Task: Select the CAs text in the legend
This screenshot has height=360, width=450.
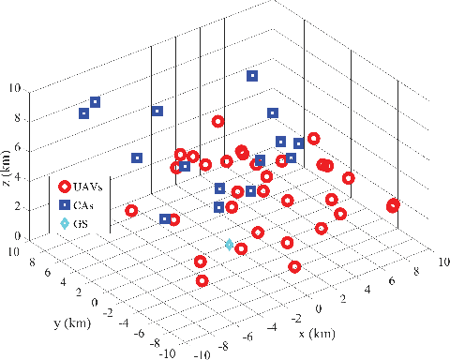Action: (89, 204)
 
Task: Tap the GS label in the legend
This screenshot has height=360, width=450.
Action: (85, 224)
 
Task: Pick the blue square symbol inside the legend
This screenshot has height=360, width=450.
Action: (64, 204)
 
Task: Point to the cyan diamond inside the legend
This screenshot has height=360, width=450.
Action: (64, 224)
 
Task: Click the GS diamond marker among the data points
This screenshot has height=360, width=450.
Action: (230, 244)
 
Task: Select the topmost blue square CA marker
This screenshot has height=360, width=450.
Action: (252, 76)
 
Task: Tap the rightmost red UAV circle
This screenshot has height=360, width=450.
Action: (393, 205)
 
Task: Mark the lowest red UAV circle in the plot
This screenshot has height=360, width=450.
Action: (202, 279)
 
